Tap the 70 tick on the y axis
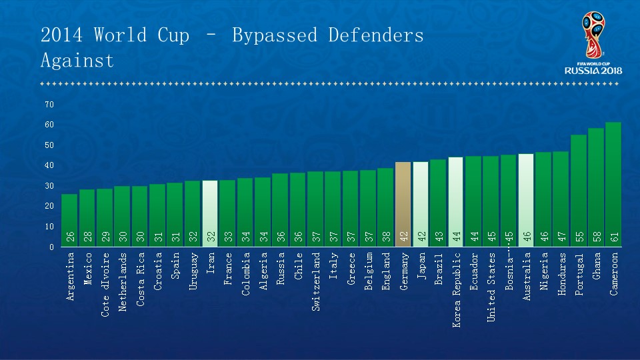click(x=49, y=105)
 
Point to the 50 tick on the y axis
click(x=49, y=145)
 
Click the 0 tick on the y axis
click(x=51, y=247)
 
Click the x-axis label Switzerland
click(x=316, y=281)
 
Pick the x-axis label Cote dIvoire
click(x=105, y=283)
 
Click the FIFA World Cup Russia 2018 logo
click(x=593, y=43)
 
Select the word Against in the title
click(x=77, y=61)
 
